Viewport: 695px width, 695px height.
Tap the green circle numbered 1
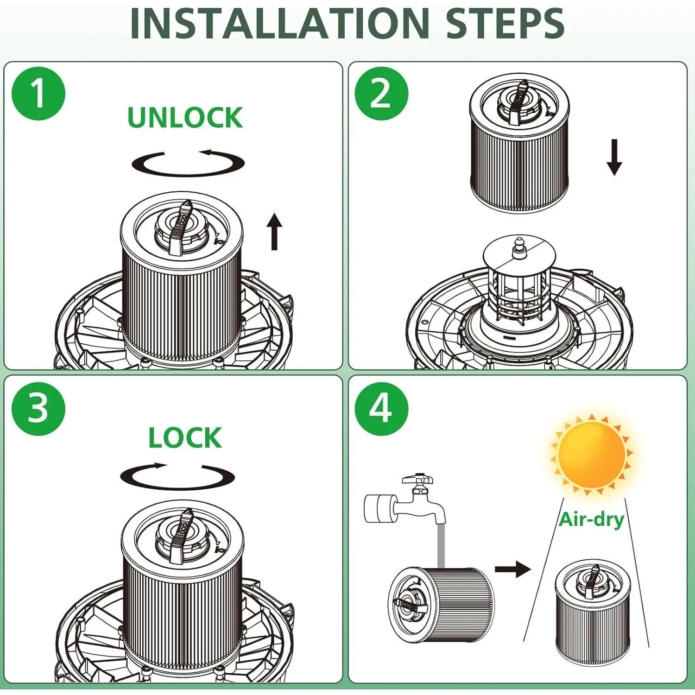coord(38,94)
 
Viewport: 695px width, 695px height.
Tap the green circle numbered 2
coord(381,94)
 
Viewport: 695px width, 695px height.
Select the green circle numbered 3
coord(38,409)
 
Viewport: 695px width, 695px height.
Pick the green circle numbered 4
coord(381,409)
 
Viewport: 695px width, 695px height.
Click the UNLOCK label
coord(185,118)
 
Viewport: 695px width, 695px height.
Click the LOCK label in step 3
coord(185,438)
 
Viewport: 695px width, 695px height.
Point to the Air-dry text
coord(591,519)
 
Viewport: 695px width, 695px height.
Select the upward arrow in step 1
coord(274,231)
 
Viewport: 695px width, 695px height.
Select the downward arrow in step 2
coord(614,157)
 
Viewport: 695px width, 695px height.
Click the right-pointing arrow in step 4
coord(512,569)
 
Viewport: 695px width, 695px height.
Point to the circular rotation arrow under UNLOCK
coord(188,164)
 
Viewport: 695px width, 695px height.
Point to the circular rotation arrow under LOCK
coord(177,476)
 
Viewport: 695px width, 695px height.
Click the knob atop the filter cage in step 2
coord(519,246)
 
